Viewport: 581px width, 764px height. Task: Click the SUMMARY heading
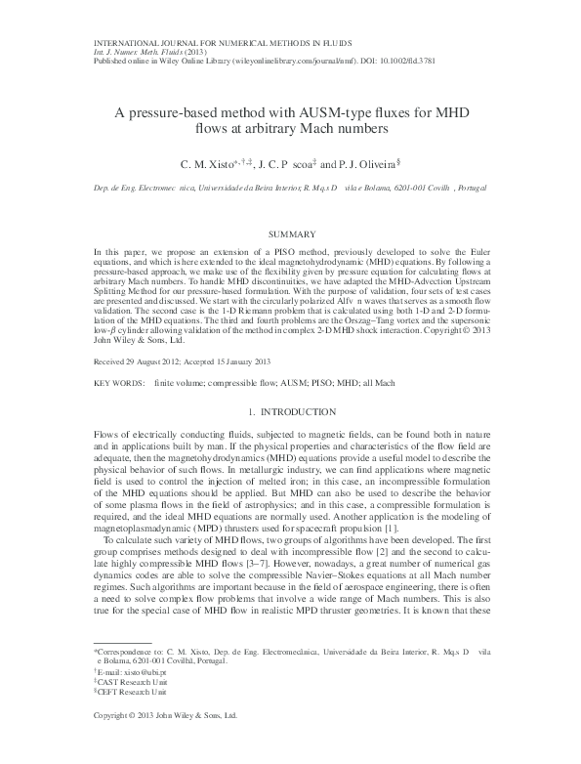click(x=291, y=234)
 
